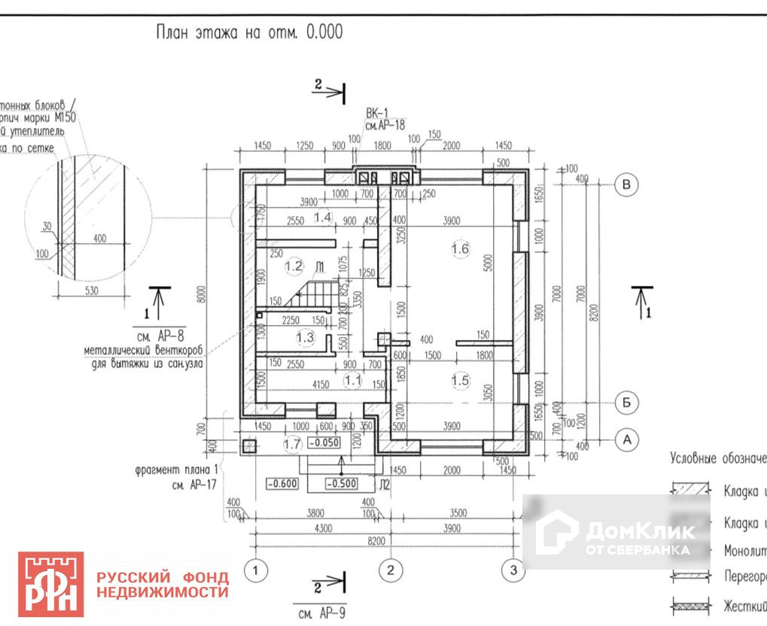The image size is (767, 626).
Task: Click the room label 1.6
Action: coord(460,248)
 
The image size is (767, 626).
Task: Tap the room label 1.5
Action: coord(460,381)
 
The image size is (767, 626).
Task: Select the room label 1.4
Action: coord(323,217)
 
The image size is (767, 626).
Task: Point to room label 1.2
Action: coord(294,266)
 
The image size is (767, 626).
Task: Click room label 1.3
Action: coord(305,338)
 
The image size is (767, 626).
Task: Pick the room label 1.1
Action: coord(353,381)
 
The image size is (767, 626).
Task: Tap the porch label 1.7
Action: coord(293,445)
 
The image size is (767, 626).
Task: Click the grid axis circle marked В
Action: coord(626,184)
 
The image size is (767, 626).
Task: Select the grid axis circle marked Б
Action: coord(626,403)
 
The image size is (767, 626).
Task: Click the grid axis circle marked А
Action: coord(626,439)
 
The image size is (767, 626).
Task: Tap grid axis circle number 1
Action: coord(257,571)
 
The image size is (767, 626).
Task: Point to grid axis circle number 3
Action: coord(513,571)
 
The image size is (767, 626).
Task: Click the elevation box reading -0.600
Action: coord(282,484)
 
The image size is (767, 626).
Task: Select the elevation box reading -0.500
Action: coord(341,484)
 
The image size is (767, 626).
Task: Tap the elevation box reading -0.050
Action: coord(325,443)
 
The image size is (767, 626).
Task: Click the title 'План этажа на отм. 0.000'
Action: coord(248,32)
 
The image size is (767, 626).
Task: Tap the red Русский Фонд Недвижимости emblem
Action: coord(50,584)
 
